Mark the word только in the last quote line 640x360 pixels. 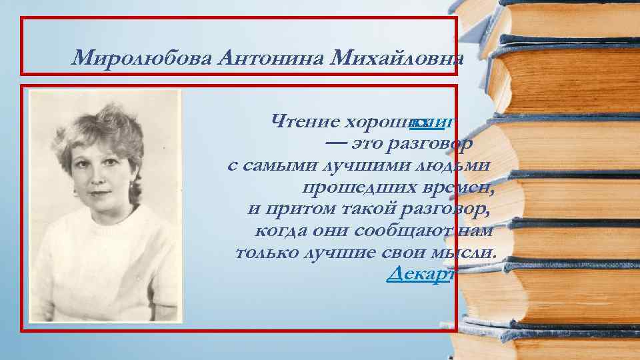point(266,253)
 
